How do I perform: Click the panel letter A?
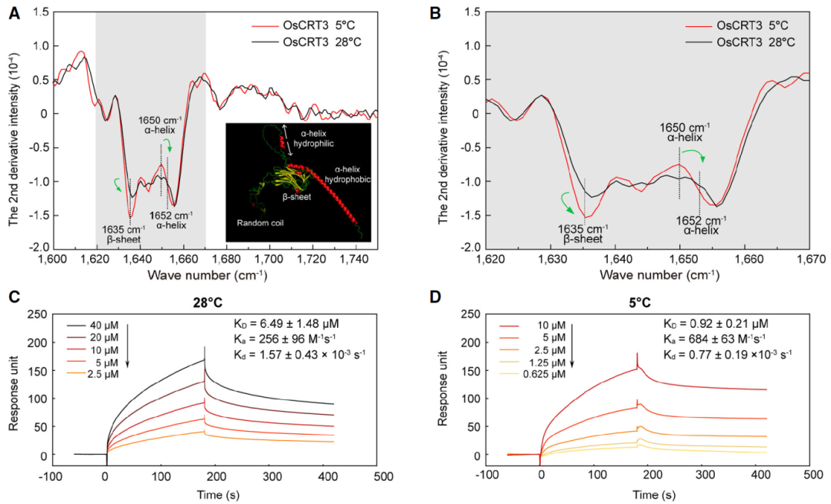(x=14, y=12)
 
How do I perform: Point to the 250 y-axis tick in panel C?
(x=35, y=313)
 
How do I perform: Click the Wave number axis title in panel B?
(x=647, y=275)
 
